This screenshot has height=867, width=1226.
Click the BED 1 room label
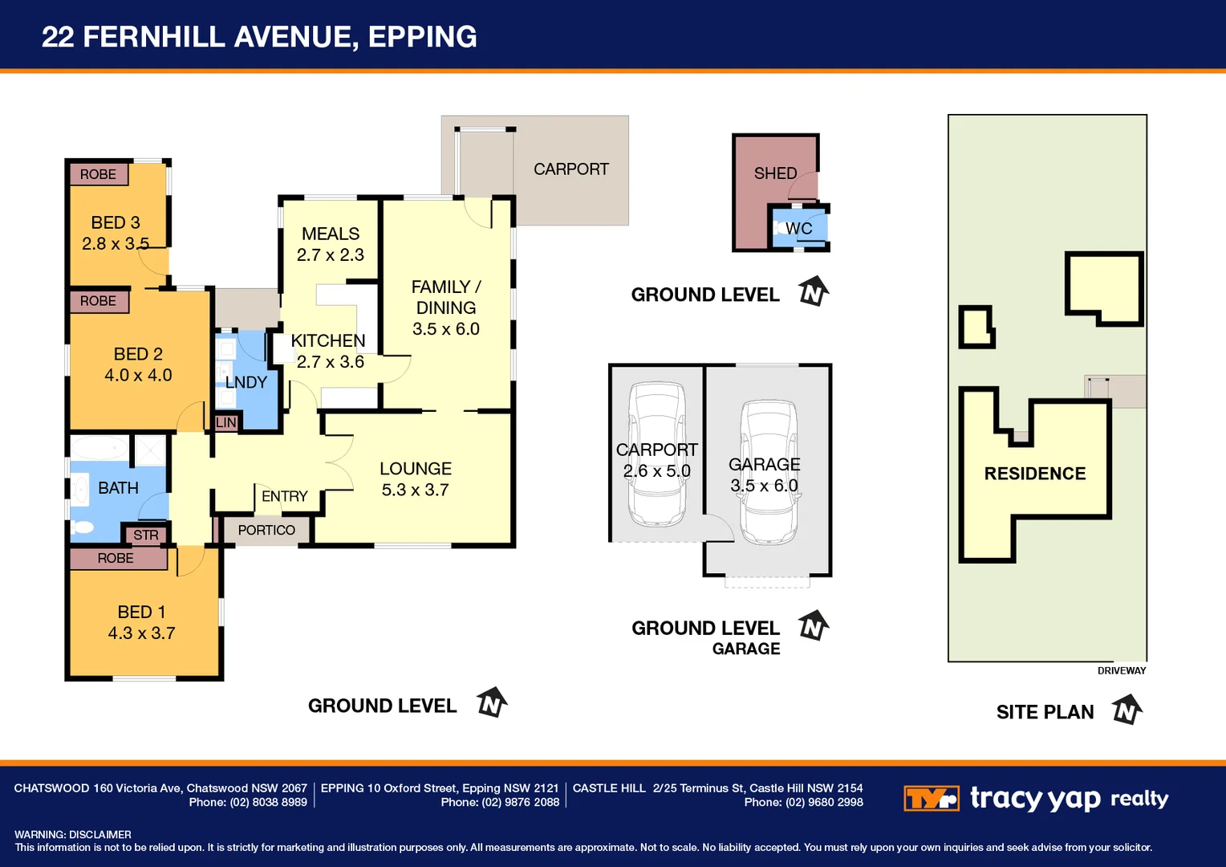click(x=141, y=612)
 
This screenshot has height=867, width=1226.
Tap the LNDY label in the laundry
click(x=246, y=382)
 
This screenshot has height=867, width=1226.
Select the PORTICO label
click(x=266, y=530)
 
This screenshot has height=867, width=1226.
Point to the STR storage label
click(x=145, y=535)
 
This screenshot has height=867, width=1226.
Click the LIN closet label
click(x=226, y=422)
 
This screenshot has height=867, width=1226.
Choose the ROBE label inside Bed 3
click(x=98, y=174)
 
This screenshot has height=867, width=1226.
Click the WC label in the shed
click(x=798, y=229)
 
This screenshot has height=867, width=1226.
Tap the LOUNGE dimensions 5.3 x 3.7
click(x=415, y=490)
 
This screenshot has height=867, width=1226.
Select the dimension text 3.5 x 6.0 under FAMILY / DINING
click(x=445, y=329)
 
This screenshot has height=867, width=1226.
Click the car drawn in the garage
click(x=769, y=474)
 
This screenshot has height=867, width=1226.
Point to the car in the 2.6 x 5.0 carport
click(x=657, y=454)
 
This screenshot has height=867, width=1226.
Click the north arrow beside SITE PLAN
click(x=1127, y=710)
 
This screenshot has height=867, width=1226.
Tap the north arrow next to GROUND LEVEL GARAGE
click(x=814, y=625)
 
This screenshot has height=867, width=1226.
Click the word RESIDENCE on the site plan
click(x=1034, y=474)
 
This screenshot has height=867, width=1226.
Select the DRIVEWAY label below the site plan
click(x=1121, y=671)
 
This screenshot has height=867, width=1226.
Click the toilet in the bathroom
click(x=82, y=527)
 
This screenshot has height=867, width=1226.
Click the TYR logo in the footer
click(x=931, y=799)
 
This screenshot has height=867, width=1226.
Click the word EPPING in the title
click(x=422, y=37)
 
